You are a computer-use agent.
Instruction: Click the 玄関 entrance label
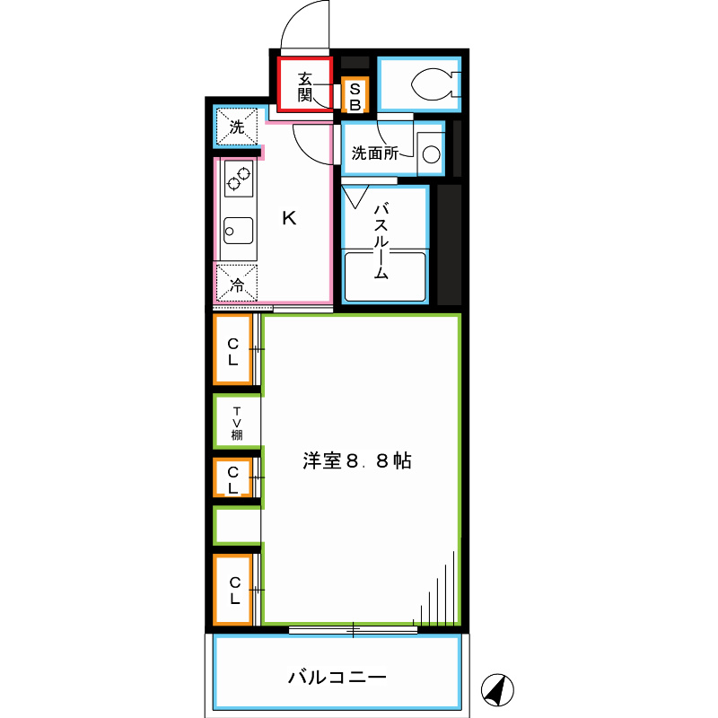[x=304, y=86]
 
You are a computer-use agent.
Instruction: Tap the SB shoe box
[x=355, y=96]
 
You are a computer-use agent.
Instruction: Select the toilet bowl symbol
[x=432, y=83]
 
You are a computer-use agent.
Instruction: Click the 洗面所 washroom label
[x=374, y=153]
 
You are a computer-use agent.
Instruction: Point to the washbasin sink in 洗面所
[x=431, y=153]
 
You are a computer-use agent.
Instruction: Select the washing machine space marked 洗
[x=236, y=127]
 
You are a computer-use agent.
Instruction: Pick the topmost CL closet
[x=232, y=350]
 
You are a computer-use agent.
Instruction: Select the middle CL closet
[x=232, y=479]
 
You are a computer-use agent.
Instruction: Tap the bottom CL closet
[x=233, y=590]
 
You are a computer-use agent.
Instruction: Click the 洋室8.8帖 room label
[x=356, y=462]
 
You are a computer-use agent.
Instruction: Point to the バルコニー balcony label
[x=337, y=676]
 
